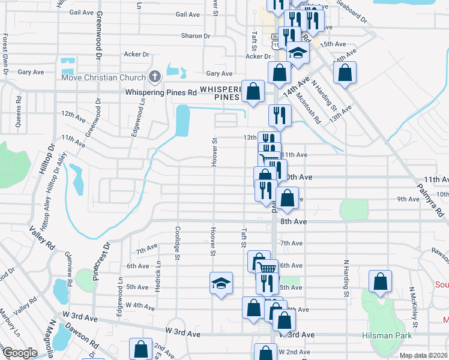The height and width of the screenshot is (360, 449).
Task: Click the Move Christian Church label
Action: point(103,77)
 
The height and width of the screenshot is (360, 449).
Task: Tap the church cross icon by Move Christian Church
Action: point(155,77)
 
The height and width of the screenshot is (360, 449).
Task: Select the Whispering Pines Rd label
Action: point(161,92)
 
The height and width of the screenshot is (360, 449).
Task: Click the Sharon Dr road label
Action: point(196,36)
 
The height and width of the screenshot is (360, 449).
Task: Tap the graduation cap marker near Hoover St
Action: point(221,283)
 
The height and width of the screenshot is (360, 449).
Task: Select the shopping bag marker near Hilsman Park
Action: point(381,282)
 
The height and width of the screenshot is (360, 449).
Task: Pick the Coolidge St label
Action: point(177,243)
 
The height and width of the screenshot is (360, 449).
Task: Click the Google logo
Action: point(19,353)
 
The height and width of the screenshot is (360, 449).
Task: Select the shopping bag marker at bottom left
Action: point(141,349)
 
